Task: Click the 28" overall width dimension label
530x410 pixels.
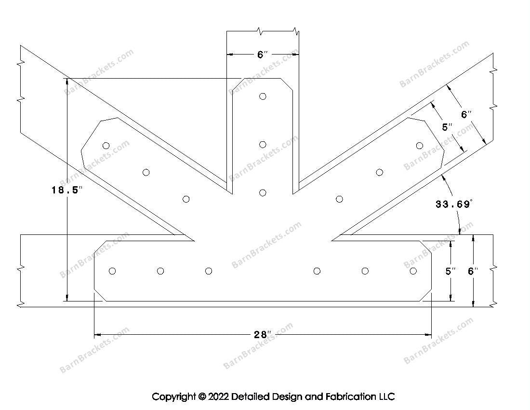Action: [263, 334]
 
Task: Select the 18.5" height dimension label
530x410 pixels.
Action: [67, 190]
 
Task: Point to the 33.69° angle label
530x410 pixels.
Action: [454, 204]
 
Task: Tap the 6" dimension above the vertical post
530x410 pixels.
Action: [262, 55]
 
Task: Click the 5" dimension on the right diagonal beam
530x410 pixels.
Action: [448, 127]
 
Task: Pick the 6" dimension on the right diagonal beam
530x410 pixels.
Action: [466, 115]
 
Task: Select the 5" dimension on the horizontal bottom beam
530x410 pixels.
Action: [450, 272]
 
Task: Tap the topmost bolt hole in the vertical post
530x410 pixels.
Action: [263, 96]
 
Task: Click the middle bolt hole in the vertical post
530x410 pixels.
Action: [263, 145]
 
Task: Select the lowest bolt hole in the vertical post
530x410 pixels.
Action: [263, 193]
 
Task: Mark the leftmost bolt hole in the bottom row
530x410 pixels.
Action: [112, 271]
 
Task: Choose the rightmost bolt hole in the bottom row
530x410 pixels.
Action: [413, 271]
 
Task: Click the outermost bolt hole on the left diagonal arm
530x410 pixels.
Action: [106, 145]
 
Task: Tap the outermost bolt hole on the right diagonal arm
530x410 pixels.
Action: [420, 145]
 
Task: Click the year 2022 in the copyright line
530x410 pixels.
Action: [218, 397]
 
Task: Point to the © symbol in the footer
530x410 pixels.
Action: [201, 397]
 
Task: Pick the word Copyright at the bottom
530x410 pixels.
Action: [174, 397]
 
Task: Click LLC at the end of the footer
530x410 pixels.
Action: [385, 397]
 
